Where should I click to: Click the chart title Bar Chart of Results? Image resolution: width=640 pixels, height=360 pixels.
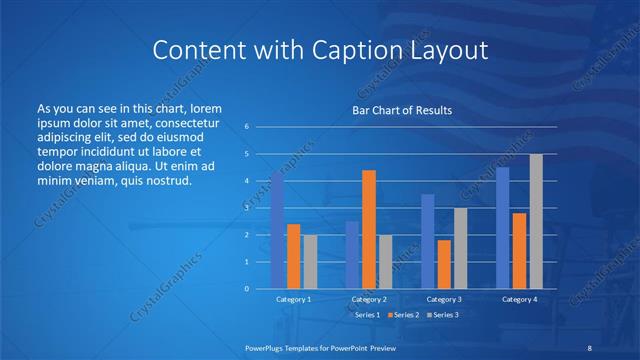(x=403, y=110)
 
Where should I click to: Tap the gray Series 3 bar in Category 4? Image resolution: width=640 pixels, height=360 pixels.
(x=536, y=221)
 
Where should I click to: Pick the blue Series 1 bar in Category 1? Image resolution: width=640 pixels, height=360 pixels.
(x=277, y=230)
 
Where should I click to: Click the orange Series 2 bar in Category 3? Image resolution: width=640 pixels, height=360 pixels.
(x=444, y=264)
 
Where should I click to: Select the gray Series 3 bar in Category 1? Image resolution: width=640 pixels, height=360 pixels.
(x=310, y=261)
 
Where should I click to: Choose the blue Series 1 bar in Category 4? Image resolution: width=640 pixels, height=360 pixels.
(x=503, y=228)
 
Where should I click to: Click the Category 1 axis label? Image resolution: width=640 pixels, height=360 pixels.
(x=293, y=299)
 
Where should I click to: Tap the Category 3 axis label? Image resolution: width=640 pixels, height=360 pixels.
(x=444, y=299)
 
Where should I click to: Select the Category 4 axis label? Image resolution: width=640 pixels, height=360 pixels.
(x=519, y=299)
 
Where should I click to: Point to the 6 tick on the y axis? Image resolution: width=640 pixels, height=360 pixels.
(x=247, y=127)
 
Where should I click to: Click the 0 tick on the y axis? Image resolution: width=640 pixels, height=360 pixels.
(x=247, y=288)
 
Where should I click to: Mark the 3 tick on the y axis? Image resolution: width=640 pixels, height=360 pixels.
(x=247, y=208)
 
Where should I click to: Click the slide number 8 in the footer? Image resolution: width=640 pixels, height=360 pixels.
(x=589, y=347)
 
